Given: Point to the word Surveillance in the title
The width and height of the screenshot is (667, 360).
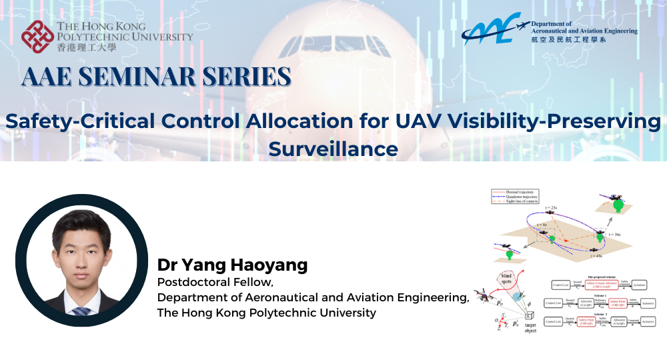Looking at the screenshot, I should click(x=333, y=149).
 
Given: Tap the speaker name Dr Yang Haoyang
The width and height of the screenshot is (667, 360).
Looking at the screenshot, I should click(x=232, y=265).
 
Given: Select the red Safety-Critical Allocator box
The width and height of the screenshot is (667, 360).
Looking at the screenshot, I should click(x=600, y=285).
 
